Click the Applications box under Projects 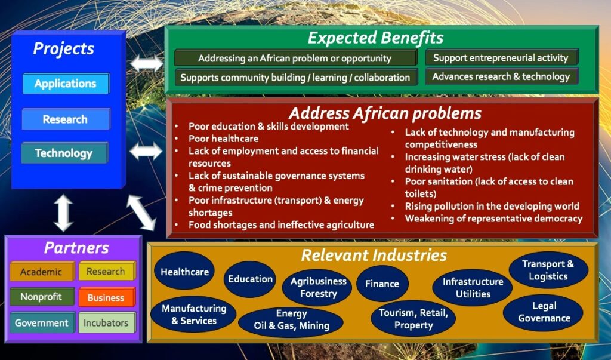66,84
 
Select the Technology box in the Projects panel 64,153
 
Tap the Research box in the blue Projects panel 66,119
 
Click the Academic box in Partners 42,272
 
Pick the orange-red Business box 107,297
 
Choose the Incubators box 106,322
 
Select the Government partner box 42,322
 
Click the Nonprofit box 42,297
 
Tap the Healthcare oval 184,272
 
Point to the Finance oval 382,284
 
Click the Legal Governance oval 543,312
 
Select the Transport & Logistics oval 548,270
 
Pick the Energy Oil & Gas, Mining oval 291,320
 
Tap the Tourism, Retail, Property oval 413,319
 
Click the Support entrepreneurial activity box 501,58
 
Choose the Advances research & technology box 501,76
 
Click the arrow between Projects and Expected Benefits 147,63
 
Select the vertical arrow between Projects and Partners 63,213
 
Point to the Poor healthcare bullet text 223,139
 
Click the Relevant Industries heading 374,255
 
